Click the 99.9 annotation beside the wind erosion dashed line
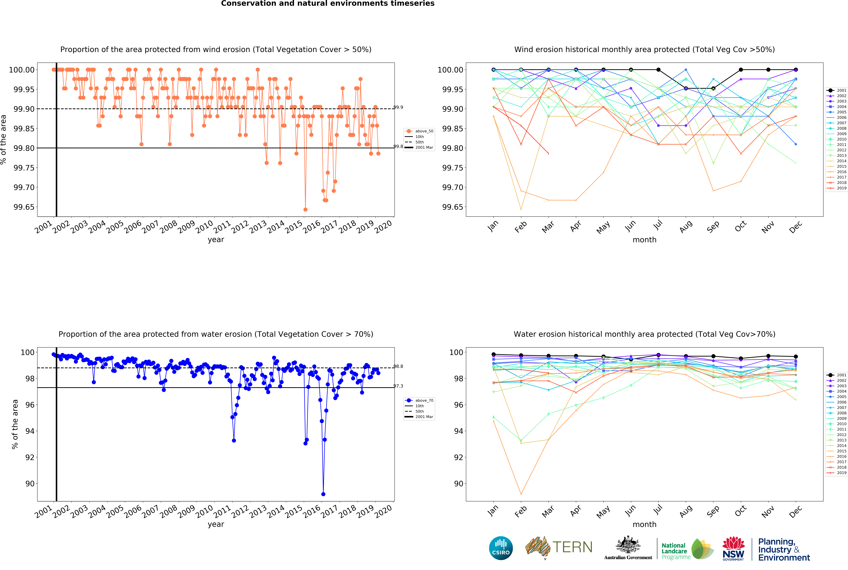point(398,107)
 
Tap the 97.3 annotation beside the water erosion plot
point(398,386)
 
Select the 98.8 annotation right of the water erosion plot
point(398,366)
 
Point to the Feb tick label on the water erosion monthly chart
point(520,511)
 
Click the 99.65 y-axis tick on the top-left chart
point(24,207)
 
